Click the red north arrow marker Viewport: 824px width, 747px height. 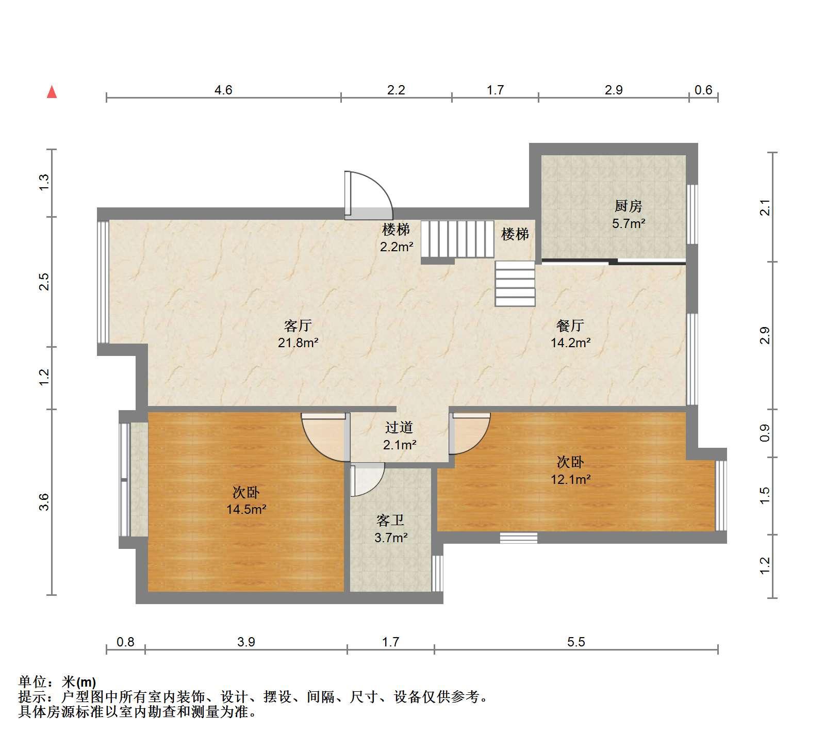[x=52, y=92]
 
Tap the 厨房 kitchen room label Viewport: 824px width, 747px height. [x=628, y=206]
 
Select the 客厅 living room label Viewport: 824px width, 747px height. [x=298, y=326]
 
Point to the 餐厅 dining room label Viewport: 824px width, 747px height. [x=570, y=326]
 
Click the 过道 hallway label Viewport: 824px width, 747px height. [x=399, y=427]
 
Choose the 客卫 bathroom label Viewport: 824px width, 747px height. [x=390, y=520]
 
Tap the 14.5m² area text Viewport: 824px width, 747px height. [x=246, y=510]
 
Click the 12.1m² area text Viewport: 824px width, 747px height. [x=570, y=479]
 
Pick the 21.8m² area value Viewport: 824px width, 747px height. [x=298, y=343]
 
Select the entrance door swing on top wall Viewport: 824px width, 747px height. [x=369, y=195]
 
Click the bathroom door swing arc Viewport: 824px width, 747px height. [x=367, y=480]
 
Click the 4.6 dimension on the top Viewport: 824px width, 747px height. [x=223, y=90]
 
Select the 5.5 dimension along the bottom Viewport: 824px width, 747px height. [x=576, y=642]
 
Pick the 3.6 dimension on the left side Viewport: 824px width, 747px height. [x=44, y=502]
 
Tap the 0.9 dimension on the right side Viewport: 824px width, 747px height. [x=765, y=433]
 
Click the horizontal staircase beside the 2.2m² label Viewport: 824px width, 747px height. [x=457, y=239]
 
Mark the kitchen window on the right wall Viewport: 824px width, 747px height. [x=693, y=214]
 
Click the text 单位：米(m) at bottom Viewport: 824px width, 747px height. [x=57, y=682]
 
